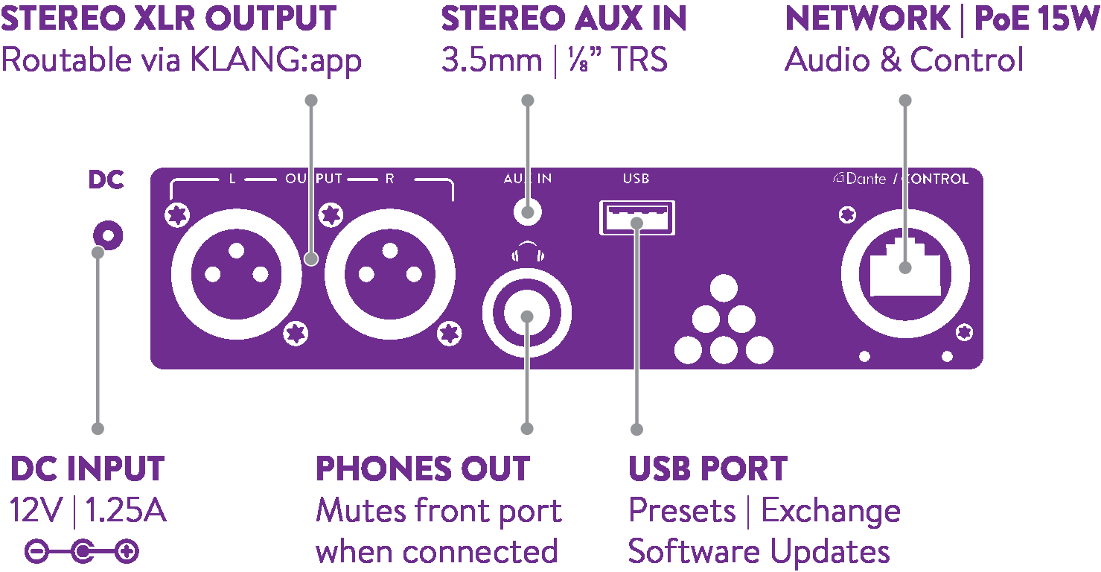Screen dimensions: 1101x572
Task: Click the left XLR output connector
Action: click(x=237, y=274)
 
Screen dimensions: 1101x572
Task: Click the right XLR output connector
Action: click(x=390, y=274)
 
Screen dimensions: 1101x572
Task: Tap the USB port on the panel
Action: click(x=637, y=217)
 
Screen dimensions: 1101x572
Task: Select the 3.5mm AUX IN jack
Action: click(x=527, y=212)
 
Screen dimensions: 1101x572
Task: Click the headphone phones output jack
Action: click(x=526, y=313)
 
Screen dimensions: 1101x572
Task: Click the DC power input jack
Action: click(x=108, y=235)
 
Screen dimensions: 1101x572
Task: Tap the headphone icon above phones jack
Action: click(x=528, y=251)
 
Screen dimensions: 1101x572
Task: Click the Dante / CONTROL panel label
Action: click(x=901, y=179)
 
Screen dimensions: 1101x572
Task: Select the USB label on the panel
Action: click(x=636, y=179)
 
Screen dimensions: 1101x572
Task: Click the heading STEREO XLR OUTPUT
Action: click(x=168, y=18)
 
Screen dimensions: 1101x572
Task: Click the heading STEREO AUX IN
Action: click(x=564, y=18)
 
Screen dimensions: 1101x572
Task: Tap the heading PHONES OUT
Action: click(x=423, y=468)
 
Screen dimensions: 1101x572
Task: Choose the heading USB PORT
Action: click(x=708, y=468)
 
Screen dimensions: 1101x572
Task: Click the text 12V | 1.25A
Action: click(x=88, y=510)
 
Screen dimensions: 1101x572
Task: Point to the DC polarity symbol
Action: click(x=82, y=551)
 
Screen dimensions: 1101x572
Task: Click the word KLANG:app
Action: click(x=275, y=61)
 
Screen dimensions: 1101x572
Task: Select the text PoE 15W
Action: click(x=1036, y=18)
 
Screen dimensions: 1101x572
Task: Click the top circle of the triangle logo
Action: click(x=724, y=287)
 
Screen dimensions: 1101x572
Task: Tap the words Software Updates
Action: click(x=759, y=552)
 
